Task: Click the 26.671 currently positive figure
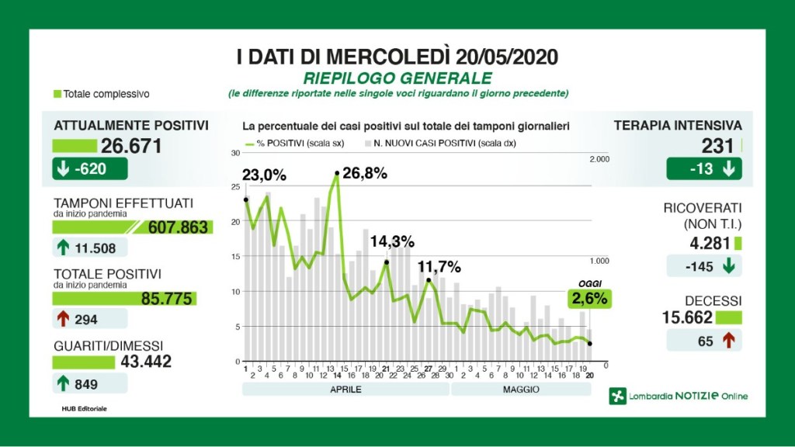(x=130, y=146)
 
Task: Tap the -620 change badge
(x=82, y=169)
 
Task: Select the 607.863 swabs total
(x=177, y=227)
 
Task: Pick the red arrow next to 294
(x=63, y=319)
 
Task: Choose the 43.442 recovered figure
(x=146, y=362)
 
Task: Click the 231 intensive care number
(x=717, y=146)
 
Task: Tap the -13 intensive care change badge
(x=703, y=169)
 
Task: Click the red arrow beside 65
(x=728, y=340)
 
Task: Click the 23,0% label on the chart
(x=265, y=175)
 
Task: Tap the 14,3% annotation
(x=392, y=241)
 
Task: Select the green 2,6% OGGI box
(x=589, y=299)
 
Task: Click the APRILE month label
(x=345, y=389)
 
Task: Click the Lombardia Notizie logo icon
(x=618, y=396)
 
